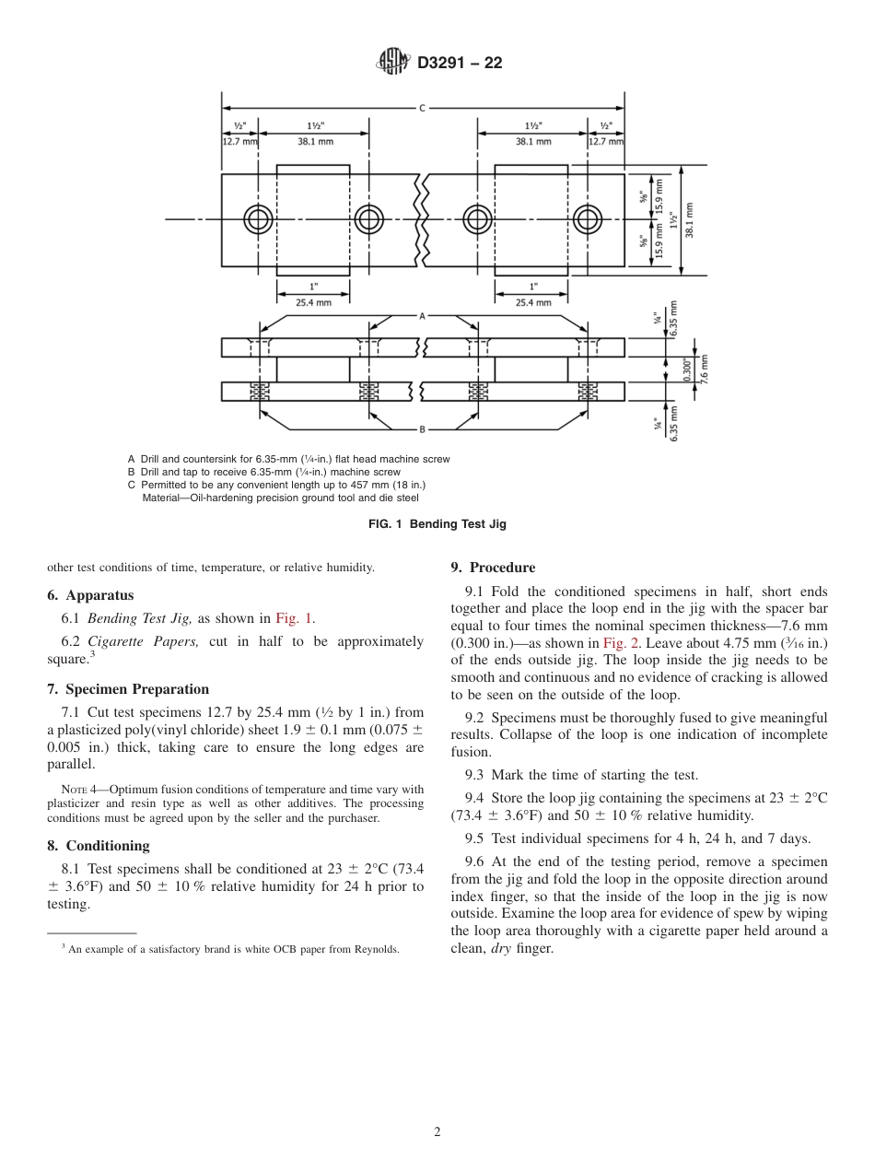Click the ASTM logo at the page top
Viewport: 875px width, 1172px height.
pyautogui.click(x=393, y=63)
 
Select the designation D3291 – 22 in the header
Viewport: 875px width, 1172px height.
pyautogui.click(x=460, y=64)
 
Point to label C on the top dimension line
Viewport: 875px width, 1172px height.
pyautogui.click(x=422, y=108)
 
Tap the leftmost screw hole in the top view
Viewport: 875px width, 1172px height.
pyautogui.click(x=258, y=219)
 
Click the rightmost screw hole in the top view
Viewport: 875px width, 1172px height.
pyautogui.click(x=588, y=219)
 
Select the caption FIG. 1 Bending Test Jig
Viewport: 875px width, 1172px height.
pyautogui.click(x=437, y=524)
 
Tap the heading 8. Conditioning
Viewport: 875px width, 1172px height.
pyautogui.click(x=99, y=846)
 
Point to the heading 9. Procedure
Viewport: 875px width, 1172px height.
pyautogui.click(x=493, y=568)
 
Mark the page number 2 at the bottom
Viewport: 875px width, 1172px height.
pyautogui.click(x=437, y=1132)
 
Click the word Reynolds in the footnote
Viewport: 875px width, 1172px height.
pyautogui.click(x=377, y=949)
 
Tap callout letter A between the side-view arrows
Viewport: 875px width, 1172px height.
pyautogui.click(x=422, y=316)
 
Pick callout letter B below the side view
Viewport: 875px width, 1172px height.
pyautogui.click(x=422, y=429)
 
